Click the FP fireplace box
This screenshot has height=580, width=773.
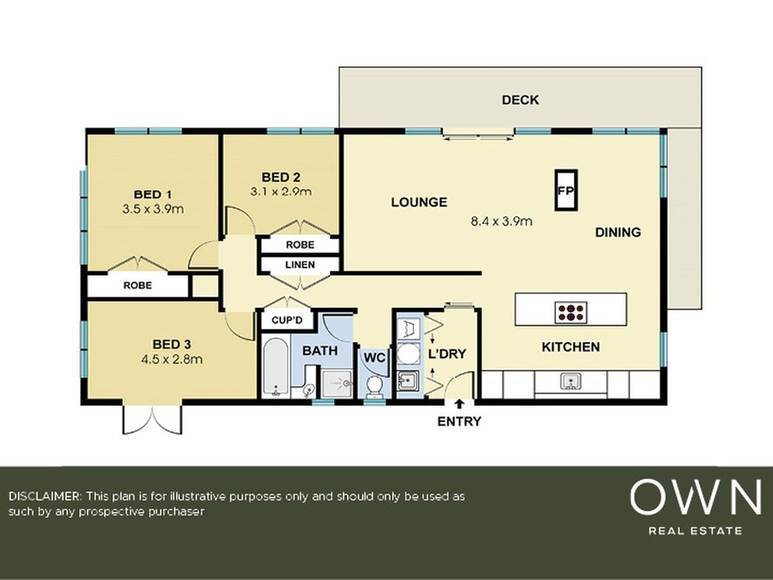pyautogui.click(x=566, y=191)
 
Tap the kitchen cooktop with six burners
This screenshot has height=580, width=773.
pyautogui.click(x=571, y=312)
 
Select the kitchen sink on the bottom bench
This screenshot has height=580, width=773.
pyautogui.click(x=571, y=381)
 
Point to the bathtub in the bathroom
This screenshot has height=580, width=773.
pyautogui.click(x=275, y=366)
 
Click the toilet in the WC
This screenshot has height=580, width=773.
pyautogui.click(x=375, y=386)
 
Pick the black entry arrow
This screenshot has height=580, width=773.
pyautogui.click(x=459, y=404)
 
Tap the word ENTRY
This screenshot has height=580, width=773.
pyautogui.click(x=459, y=421)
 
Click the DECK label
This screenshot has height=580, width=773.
pyautogui.click(x=520, y=100)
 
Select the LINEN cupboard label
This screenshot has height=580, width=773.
pyautogui.click(x=300, y=265)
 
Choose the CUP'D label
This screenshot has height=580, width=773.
pyautogui.click(x=287, y=320)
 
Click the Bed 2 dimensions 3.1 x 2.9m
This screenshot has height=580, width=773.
pyautogui.click(x=281, y=191)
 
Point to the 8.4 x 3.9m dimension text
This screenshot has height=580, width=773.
pyautogui.click(x=501, y=221)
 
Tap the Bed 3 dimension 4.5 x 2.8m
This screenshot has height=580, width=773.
pyautogui.click(x=172, y=360)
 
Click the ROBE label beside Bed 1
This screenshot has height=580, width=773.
pyautogui.click(x=138, y=285)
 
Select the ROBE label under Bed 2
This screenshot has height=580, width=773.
pyautogui.click(x=300, y=244)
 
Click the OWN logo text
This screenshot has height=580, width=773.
pyautogui.click(x=695, y=497)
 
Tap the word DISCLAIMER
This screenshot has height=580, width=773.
pyautogui.click(x=44, y=496)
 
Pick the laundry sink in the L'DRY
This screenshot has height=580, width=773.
pyautogui.click(x=408, y=380)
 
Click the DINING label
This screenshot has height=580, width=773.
pyautogui.click(x=618, y=232)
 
